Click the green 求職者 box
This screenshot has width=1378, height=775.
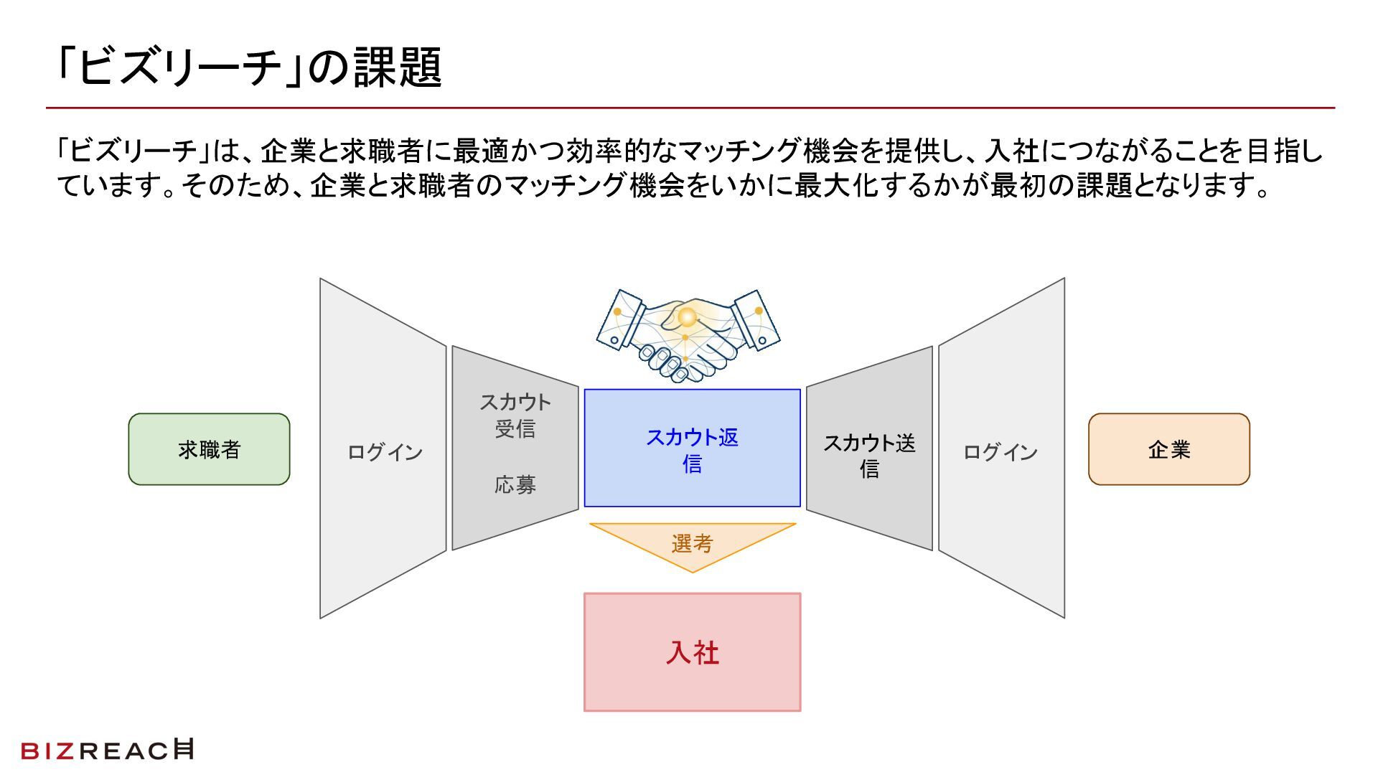[x=209, y=449]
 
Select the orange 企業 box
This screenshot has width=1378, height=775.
[x=1168, y=449]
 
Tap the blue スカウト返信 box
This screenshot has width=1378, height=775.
[x=692, y=448]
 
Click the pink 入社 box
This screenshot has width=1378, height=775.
[x=692, y=652]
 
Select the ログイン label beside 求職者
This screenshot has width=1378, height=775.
[x=385, y=452]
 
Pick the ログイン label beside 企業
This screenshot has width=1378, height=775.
[x=1000, y=452]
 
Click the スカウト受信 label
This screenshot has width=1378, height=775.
[x=515, y=415]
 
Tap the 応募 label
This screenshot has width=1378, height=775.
[x=515, y=485]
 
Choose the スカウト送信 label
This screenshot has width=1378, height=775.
[x=869, y=456]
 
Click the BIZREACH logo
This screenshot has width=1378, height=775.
[x=108, y=750]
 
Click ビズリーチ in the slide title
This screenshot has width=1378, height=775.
[x=179, y=68]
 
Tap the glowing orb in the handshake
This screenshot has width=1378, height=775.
[x=687, y=316]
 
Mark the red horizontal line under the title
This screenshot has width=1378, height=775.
[x=689, y=108]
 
